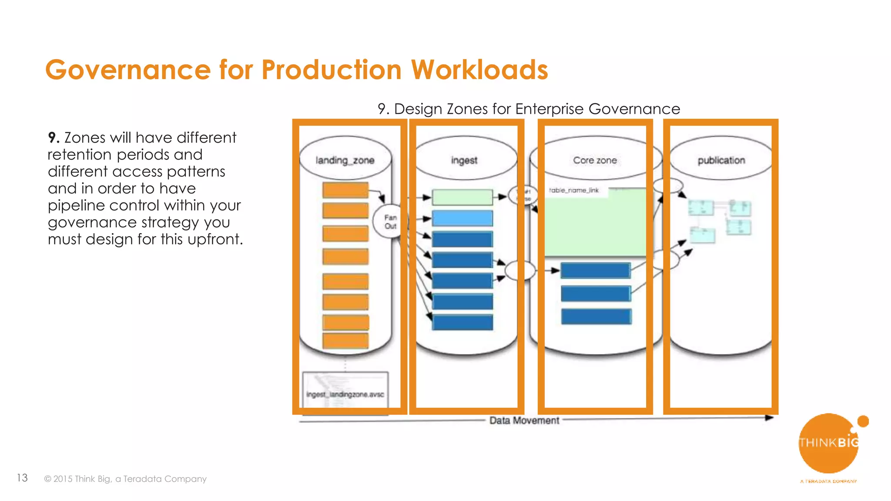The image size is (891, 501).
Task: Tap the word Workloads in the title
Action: click(479, 70)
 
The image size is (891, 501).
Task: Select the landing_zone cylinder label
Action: click(345, 160)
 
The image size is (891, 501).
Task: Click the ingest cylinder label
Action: click(464, 160)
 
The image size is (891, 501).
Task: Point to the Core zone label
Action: click(595, 160)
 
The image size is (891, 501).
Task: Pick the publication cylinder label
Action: click(721, 160)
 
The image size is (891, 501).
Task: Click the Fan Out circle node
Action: click(390, 221)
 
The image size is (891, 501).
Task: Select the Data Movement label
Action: click(524, 421)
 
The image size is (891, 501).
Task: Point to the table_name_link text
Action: click(574, 190)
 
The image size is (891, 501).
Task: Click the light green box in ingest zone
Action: click(462, 197)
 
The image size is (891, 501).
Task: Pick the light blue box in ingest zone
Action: click(462, 218)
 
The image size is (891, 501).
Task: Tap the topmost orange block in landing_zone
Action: click(345, 190)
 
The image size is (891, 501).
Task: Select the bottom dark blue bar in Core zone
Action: click(596, 316)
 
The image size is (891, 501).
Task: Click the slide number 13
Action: click(22, 478)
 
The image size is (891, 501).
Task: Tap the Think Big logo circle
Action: click(828, 443)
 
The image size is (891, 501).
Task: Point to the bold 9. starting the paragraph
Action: click(54, 138)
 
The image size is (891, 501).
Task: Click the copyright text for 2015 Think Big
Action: click(125, 479)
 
